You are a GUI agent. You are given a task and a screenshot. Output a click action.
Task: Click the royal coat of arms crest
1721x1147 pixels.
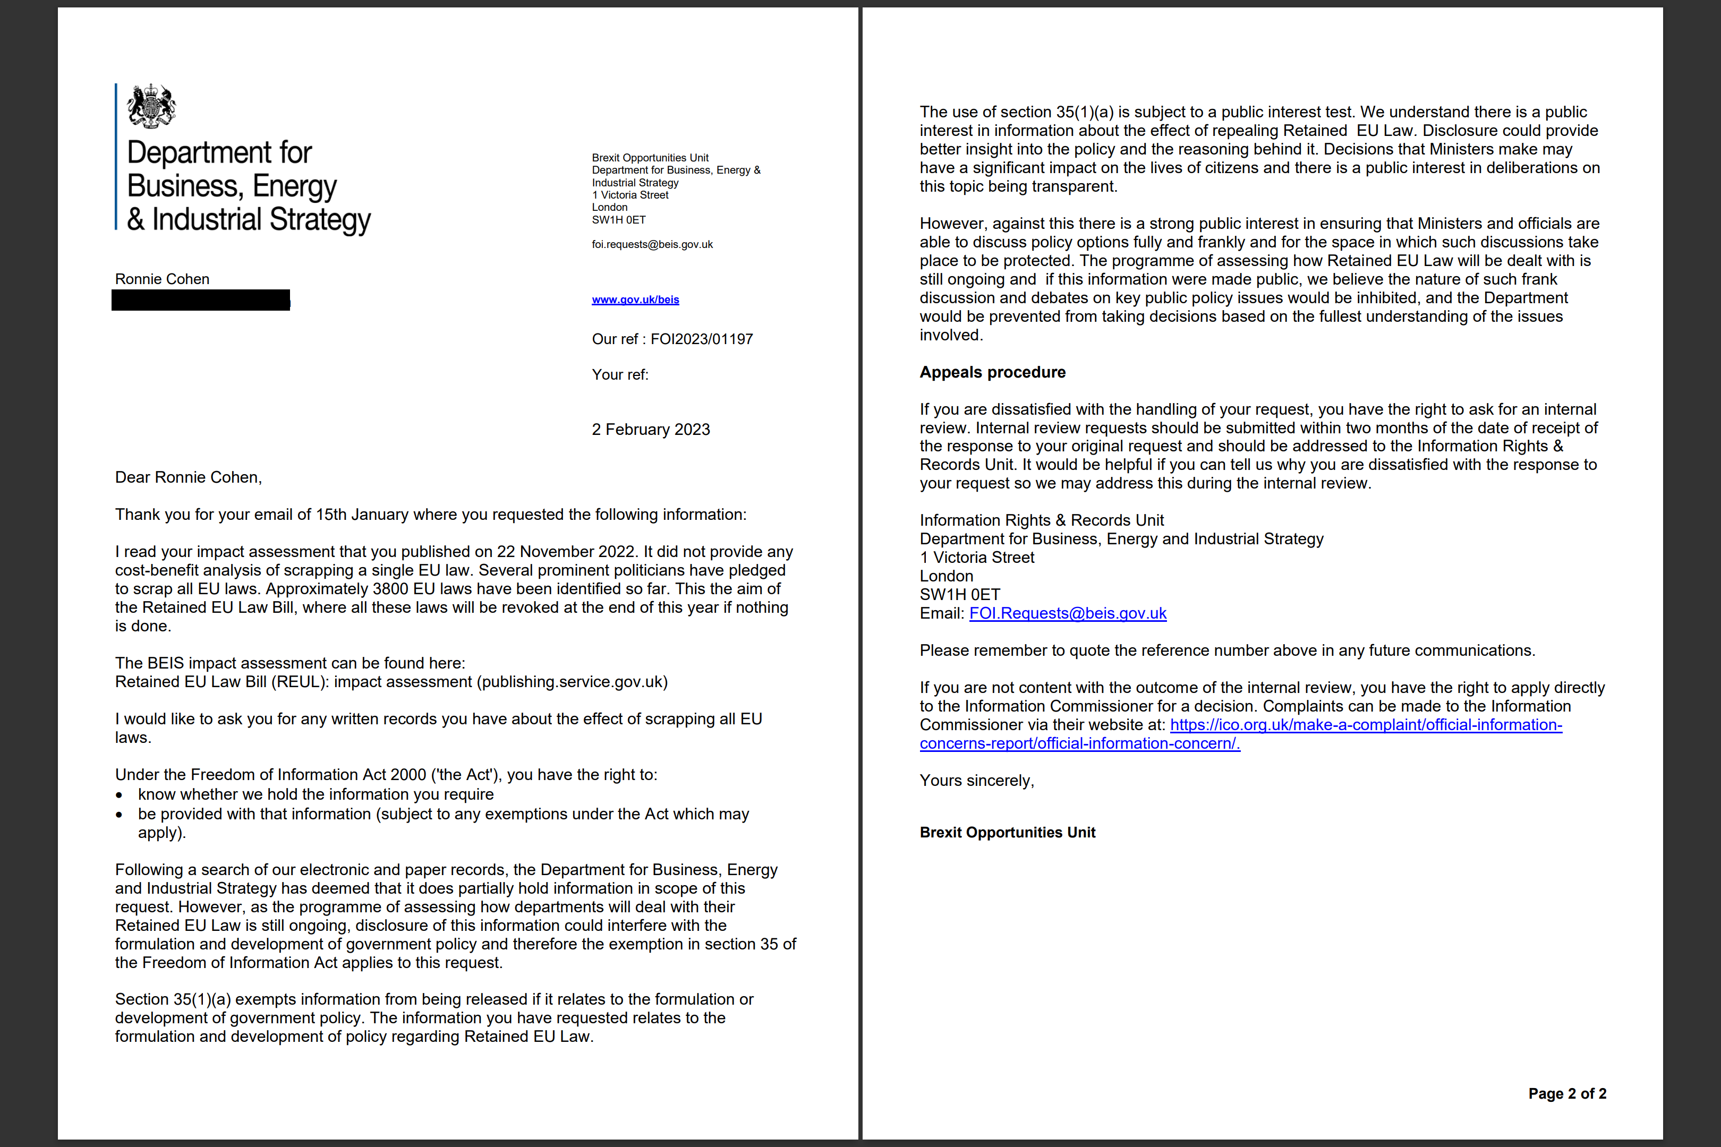pyautogui.click(x=151, y=106)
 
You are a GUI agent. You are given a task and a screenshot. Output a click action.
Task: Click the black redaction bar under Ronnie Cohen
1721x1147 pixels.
pyautogui.click(x=200, y=300)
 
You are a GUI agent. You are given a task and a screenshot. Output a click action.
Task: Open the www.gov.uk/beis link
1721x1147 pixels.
pyautogui.click(x=635, y=300)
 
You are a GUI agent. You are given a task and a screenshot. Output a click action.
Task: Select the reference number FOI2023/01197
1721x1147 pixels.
pyautogui.click(x=701, y=339)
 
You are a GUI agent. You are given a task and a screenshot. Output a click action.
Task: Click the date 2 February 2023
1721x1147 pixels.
pyautogui.click(x=651, y=430)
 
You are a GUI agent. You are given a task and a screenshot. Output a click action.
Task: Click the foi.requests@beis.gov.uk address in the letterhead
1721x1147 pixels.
pyautogui.click(x=652, y=244)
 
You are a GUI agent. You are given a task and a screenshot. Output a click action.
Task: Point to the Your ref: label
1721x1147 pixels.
pyautogui.click(x=620, y=374)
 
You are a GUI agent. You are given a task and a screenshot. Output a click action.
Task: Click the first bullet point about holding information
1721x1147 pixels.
pyautogui.click(x=316, y=794)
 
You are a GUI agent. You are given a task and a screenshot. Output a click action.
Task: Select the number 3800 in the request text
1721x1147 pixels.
pyautogui.click(x=391, y=589)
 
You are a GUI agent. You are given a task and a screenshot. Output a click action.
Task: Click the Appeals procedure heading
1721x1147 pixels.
pyautogui.click(x=992, y=372)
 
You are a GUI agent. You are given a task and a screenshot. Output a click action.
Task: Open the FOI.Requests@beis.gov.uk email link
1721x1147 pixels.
pyautogui.click(x=1068, y=614)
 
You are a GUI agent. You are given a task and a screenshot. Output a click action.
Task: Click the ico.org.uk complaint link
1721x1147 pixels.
pyautogui.click(x=1366, y=725)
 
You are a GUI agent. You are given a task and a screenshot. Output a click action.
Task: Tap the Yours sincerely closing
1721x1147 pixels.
pyautogui.click(x=977, y=781)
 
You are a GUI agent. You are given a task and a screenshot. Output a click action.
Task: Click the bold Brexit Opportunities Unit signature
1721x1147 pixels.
pyautogui.click(x=1007, y=833)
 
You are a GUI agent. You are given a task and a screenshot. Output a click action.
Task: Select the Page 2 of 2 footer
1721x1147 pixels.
pyautogui.click(x=1566, y=1093)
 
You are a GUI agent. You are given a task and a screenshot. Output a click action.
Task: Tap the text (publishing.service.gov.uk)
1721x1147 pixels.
pyautogui.click(x=572, y=682)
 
